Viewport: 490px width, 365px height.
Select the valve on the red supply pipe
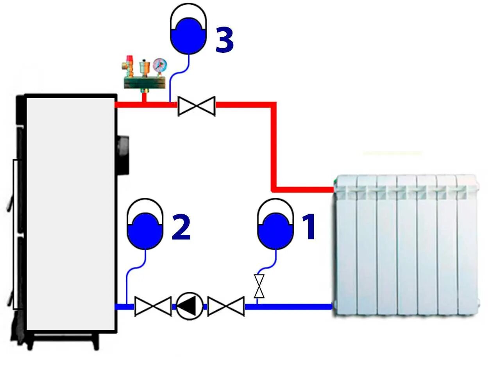pos(196,106)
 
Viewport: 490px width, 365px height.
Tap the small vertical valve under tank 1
pos(259,286)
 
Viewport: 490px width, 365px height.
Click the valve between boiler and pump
pos(153,306)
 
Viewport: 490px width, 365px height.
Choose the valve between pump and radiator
pos(226,306)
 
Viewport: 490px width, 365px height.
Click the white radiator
pos(406,245)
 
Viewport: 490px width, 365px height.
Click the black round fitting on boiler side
pos(123,155)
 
